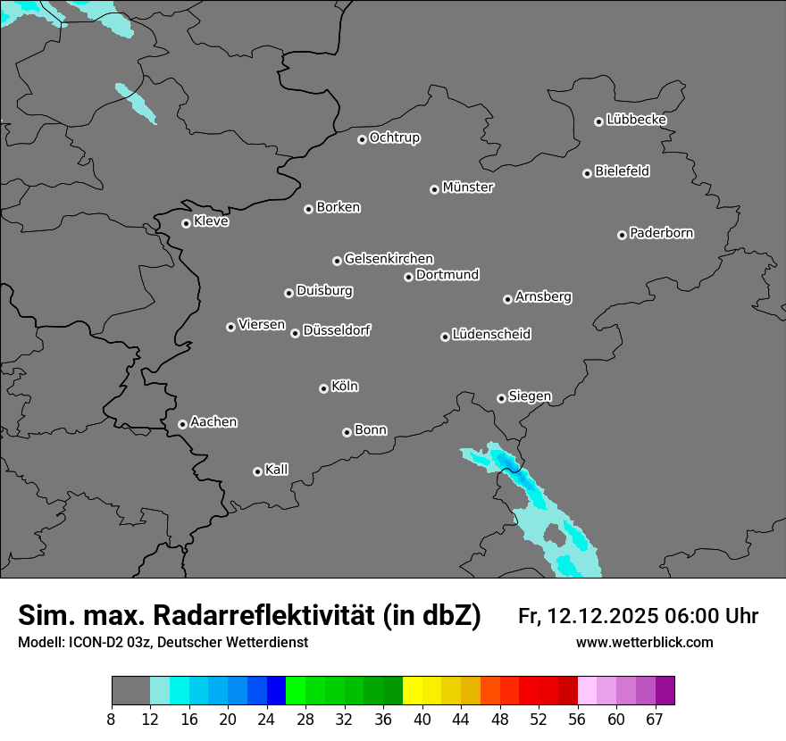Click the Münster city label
point(468,187)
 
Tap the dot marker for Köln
point(323,388)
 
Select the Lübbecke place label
point(636,120)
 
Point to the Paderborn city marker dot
point(622,235)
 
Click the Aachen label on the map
point(213,422)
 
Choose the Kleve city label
point(211,221)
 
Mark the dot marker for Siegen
point(501,398)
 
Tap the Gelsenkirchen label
point(389,259)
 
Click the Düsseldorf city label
point(337,330)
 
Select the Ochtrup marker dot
point(362,139)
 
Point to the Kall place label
point(277,470)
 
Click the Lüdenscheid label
point(491,335)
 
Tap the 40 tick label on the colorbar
point(422,719)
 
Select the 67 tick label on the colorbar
point(655,719)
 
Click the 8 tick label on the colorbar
point(112,719)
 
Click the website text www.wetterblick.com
point(644,643)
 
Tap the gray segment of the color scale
point(130,691)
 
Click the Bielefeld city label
point(622,171)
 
